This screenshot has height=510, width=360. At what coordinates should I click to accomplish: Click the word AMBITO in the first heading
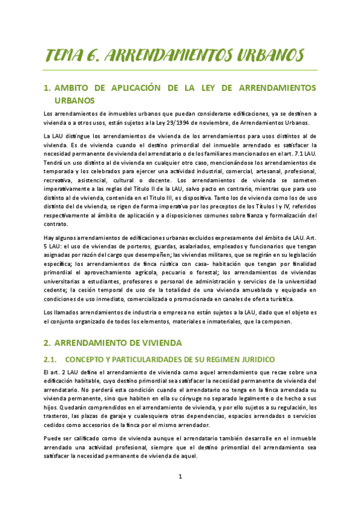click(70, 88)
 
